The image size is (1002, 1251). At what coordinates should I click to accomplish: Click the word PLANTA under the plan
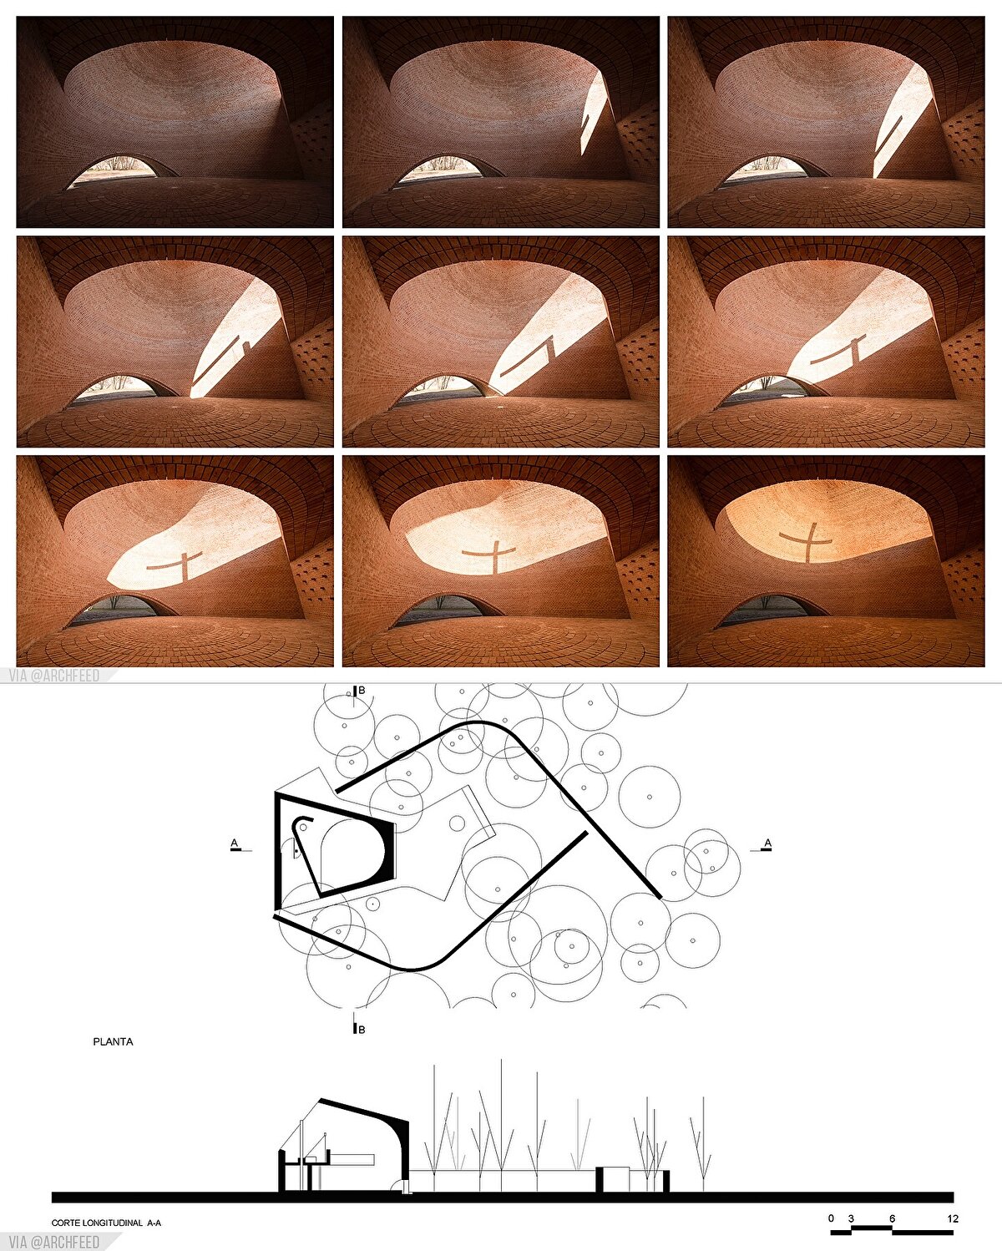(x=113, y=1042)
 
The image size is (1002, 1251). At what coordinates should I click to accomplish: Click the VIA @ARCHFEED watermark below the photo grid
(x=54, y=676)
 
